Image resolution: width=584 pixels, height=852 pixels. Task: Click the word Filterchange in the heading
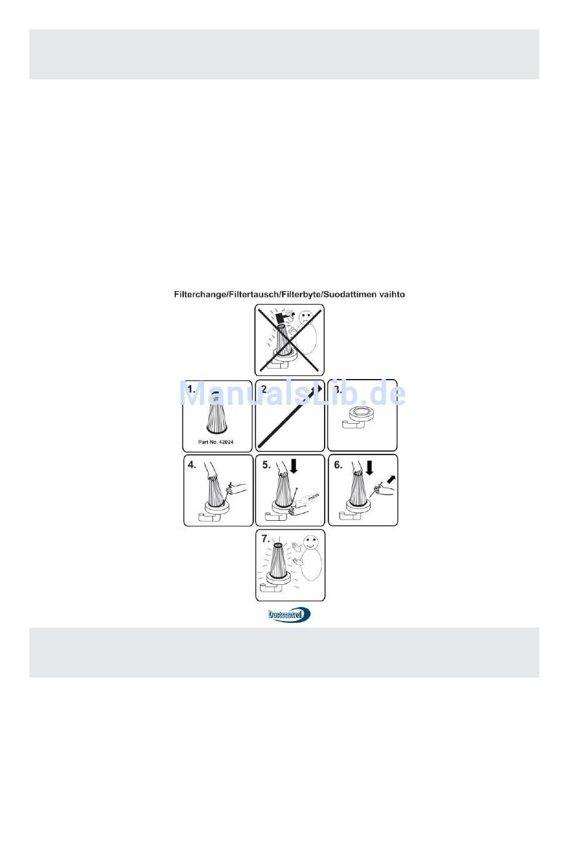200,295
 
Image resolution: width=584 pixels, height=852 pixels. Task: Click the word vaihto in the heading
391,295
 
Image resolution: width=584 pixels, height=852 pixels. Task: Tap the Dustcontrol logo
290,614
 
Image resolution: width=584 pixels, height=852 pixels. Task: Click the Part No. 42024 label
216,442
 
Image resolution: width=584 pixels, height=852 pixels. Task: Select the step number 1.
192,389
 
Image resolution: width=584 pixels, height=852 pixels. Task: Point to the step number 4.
192,465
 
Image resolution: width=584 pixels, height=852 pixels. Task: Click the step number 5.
266,465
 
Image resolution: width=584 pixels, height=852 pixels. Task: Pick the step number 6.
338,465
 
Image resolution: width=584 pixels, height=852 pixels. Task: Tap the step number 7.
266,539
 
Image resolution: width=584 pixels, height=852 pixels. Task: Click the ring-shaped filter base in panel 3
360,413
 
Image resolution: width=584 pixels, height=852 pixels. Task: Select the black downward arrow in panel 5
294,466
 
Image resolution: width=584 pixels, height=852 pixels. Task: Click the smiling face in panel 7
310,542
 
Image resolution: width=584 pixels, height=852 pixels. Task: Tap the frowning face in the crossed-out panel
306,319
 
